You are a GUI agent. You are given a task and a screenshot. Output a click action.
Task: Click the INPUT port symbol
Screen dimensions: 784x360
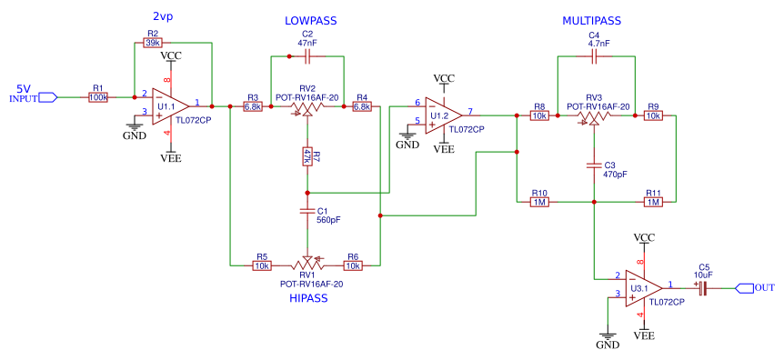click(x=47, y=97)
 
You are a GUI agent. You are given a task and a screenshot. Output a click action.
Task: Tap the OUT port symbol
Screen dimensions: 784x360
click(x=744, y=288)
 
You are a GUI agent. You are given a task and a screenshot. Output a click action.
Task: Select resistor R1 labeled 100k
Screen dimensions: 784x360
click(x=98, y=97)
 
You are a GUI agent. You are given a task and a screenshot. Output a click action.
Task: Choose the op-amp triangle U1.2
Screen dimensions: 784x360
click(x=444, y=115)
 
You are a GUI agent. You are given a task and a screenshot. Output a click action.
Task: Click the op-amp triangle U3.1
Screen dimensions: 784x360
click(x=644, y=288)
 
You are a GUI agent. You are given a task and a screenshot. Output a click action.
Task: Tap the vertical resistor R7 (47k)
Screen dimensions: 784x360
click(x=307, y=156)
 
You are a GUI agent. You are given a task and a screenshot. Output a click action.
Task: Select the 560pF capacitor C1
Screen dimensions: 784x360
click(x=307, y=212)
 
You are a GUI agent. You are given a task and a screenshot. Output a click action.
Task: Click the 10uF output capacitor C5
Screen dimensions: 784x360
click(x=702, y=288)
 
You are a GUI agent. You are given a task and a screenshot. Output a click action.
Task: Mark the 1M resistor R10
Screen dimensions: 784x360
click(x=539, y=202)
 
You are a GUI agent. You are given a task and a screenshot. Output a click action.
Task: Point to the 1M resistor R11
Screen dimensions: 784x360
click(x=653, y=202)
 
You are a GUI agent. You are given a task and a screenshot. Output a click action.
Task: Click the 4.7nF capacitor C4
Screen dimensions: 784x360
click(x=594, y=57)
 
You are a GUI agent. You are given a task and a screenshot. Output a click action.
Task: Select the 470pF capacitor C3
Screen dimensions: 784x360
click(x=594, y=165)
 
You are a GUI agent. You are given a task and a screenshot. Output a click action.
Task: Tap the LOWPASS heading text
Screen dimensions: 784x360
click(x=311, y=21)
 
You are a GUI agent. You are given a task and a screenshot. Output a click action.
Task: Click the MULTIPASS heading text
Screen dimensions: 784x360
click(x=591, y=21)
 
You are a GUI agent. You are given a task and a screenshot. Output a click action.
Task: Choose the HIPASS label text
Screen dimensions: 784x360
click(x=308, y=298)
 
